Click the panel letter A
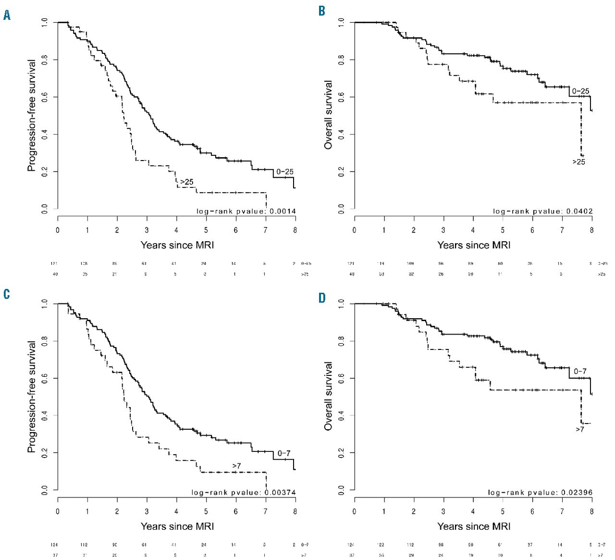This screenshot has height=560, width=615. pos(7,15)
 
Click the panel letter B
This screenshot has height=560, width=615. pos(322,11)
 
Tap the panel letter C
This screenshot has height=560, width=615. pos(6,294)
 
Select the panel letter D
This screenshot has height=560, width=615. pos(322,298)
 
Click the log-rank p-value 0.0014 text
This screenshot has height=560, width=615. pos(246,211)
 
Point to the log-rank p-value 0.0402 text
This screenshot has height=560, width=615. pos(542,211)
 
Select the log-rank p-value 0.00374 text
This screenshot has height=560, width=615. pos(243,492)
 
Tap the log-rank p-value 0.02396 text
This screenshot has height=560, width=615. pos(540,492)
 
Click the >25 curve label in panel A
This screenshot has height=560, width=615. pos(186,182)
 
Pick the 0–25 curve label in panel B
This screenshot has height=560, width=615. pos(580,91)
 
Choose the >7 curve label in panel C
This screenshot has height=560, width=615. pos(236,466)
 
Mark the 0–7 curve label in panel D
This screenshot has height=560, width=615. pos(580,371)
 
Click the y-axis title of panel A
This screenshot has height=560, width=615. pos(32,115)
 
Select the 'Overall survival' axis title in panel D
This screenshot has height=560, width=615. pos(329,396)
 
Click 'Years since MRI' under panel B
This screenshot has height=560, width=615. pos(474,245)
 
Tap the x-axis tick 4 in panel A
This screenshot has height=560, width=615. pos(176,230)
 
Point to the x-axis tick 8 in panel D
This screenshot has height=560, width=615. pos(591,511)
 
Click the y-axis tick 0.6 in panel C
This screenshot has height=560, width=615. pos(45,378)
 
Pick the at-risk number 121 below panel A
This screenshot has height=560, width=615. pos(54,263)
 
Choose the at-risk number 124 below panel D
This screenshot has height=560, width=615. pos(351,545)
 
